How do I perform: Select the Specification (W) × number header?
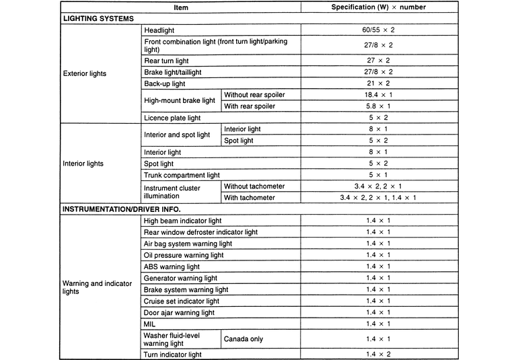[x=378, y=7]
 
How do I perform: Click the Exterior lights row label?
[x=84, y=73]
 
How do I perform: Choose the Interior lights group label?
[x=83, y=164]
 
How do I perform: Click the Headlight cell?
[x=159, y=31]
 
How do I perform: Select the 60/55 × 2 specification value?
[x=377, y=31]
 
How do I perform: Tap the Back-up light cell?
[x=164, y=84]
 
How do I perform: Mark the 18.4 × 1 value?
[x=377, y=95]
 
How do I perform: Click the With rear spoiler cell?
[x=250, y=106]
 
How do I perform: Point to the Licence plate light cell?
[x=172, y=118]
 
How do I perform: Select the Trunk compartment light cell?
[x=182, y=175]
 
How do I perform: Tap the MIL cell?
[x=150, y=324]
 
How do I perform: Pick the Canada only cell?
[x=244, y=339]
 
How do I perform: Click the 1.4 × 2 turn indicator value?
[x=378, y=354]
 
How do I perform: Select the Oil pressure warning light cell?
[x=184, y=255]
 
